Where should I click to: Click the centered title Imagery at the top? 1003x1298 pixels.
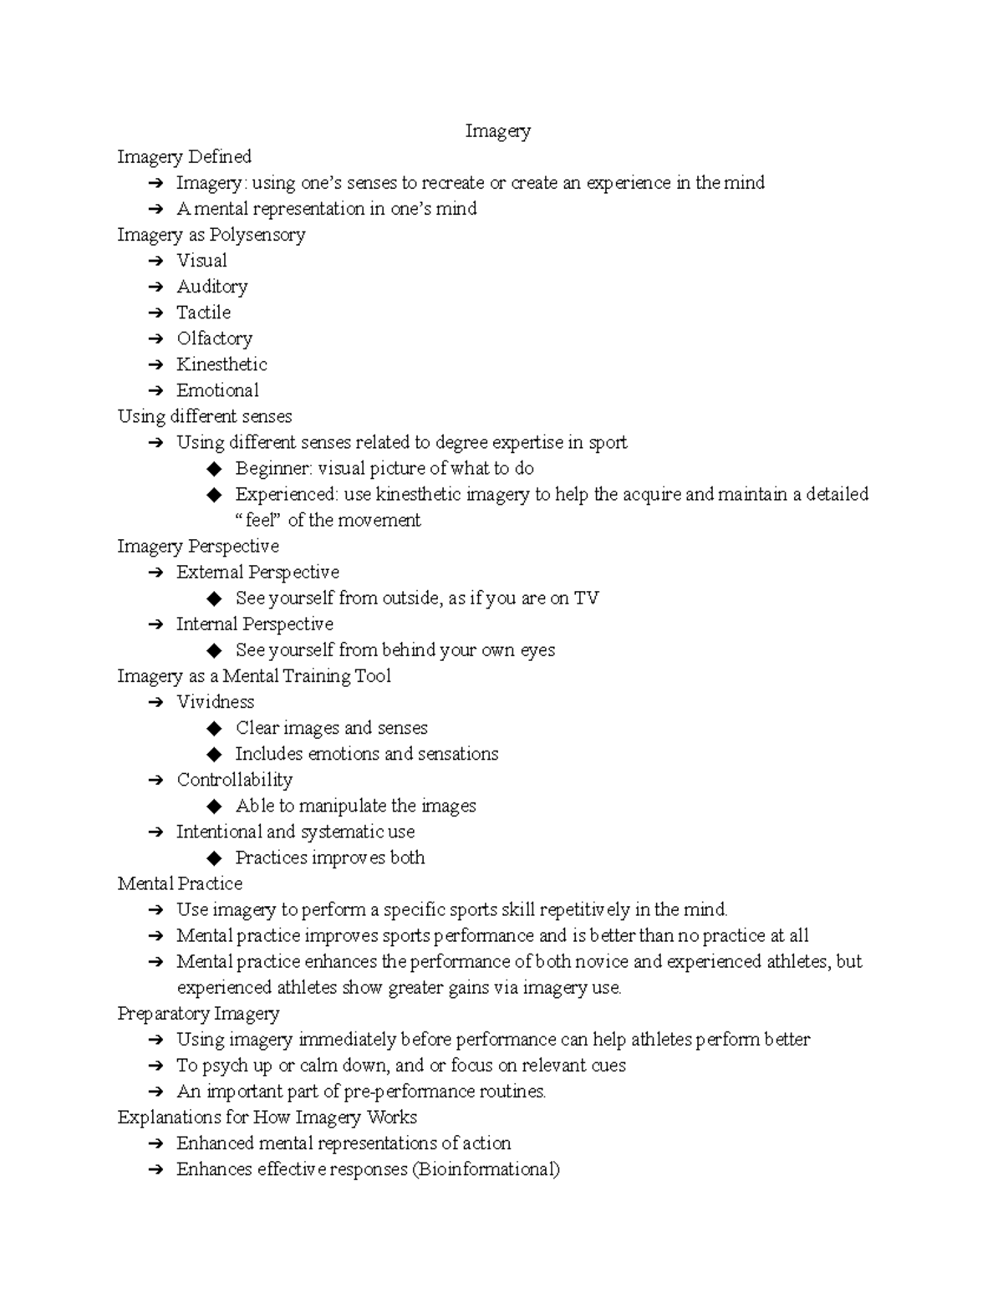[497, 131]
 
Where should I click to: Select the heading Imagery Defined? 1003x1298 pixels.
[184, 157]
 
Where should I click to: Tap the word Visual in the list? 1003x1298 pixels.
[201, 261]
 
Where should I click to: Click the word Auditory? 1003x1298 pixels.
[212, 287]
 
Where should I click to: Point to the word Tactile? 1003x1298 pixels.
[203, 313]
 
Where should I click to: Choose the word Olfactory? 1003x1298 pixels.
[214, 338]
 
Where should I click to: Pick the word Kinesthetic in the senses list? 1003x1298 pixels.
[221, 364]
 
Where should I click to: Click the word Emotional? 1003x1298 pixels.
[217, 390]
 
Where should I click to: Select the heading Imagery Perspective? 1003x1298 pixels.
[198, 547]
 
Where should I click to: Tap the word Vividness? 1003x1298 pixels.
[216, 702]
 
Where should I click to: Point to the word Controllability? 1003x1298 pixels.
[234, 780]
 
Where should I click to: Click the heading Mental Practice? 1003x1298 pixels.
[180, 883]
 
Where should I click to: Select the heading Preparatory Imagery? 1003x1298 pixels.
[198, 1014]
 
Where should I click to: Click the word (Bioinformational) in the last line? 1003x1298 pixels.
[485, 1169]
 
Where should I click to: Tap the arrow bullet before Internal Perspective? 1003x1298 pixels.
[155, 624]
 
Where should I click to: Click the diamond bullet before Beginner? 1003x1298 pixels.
[215, 469]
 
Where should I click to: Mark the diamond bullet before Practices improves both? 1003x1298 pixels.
[215, 858]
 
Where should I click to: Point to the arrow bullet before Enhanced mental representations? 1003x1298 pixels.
[155, 1143]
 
